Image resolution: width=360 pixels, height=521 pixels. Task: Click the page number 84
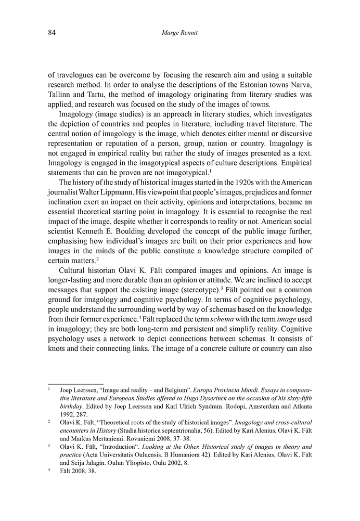pyautogui.click(x=52, y=33)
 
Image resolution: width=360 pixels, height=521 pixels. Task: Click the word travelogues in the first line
pyautogui.click(x=76, y=74)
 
